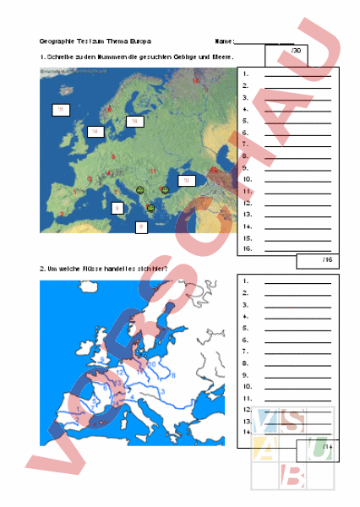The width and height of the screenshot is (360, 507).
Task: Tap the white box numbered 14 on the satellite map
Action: [x=95, y=132]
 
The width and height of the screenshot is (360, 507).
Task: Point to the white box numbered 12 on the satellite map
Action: [x=186, y=180]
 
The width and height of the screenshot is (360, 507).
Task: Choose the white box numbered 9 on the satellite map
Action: [x=117, y=208]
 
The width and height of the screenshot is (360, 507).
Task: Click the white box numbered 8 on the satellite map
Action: [x=141, y=226]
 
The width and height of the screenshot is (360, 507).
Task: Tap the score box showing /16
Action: [x=318, y=260]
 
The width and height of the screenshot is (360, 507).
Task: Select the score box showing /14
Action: [x=318, y=448]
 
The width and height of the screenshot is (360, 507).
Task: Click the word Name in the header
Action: [x=223, y=41]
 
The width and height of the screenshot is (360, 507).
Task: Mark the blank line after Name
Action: [x=264, y=42]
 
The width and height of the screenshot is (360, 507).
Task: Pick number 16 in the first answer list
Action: [x=246, y=249]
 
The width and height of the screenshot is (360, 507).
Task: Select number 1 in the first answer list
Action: [x=244, y=74]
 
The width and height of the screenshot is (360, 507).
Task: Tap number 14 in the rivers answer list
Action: [x=246, y=432]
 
